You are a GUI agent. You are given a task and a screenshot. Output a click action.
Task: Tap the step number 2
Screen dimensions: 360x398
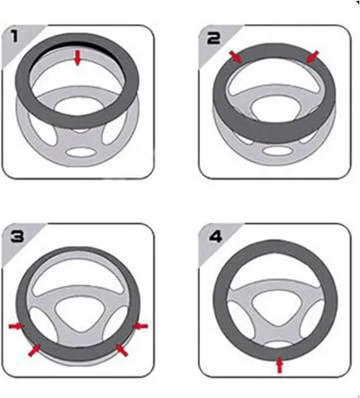pyautogui.click(x=213, y=38)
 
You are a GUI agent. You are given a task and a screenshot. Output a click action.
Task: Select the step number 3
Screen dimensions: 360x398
pyautogui.click(x=18, y=236)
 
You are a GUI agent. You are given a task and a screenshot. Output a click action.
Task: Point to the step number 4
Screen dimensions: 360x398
pyautogui.click(x=216, y=236)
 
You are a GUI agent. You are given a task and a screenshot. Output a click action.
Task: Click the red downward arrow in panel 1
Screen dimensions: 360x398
pyautogui.click(x=77, y=58)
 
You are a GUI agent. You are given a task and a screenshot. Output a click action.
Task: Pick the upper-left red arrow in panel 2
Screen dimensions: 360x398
pyautogui.click(x=236, y=57)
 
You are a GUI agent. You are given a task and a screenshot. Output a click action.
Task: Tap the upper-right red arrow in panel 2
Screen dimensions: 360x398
pyautogui.click(x=312, y=57)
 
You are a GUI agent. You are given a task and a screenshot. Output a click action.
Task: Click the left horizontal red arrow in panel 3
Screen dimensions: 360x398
pyautogui.click(x=16, y=326)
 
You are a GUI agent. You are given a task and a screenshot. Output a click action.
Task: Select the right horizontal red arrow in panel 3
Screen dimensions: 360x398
pyautogui.click(x=140, y=326)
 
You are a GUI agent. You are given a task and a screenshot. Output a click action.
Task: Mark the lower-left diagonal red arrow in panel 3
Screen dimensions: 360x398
pyautogui.click(x=34, y=350)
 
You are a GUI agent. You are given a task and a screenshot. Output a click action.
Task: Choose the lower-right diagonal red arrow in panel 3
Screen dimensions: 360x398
pyautogui.click(x=122, y=350)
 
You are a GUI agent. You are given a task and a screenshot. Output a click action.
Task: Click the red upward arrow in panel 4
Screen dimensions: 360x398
pyautogui.click(x=280, y=365)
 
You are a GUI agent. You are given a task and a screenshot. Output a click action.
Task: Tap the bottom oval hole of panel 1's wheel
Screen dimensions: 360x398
pyautogui.click(x=80, y=152)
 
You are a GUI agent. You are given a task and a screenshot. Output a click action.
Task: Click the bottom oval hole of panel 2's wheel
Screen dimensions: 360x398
pyautogui.click(x=277, y=150)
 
